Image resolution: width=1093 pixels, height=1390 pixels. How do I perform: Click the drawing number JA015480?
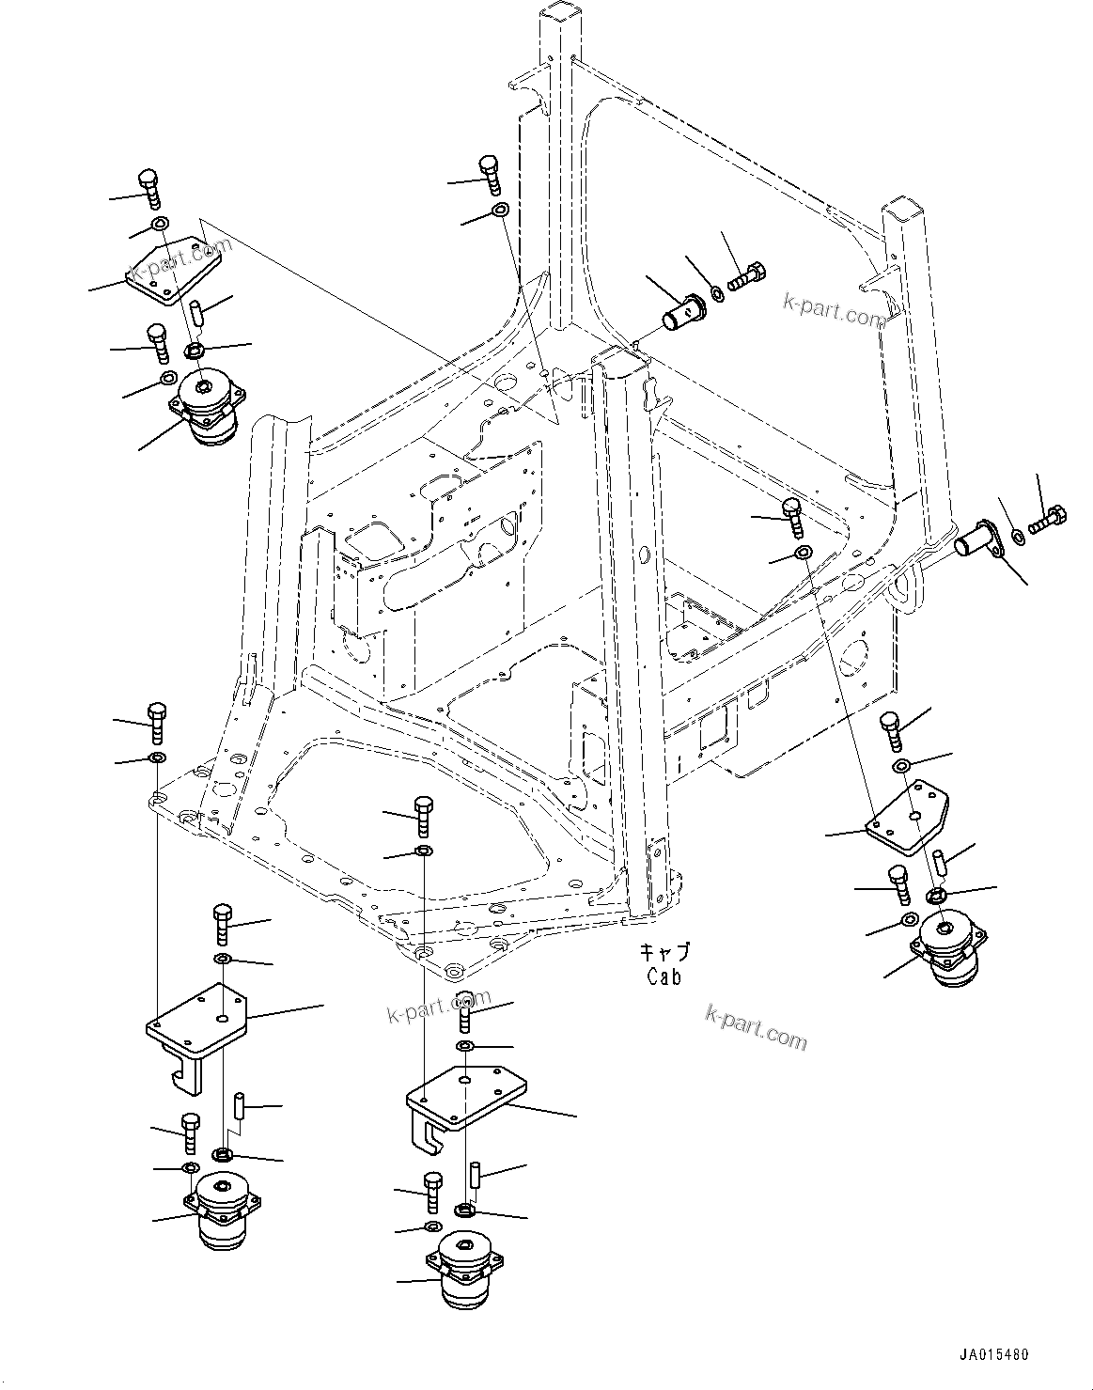coord(993,1355)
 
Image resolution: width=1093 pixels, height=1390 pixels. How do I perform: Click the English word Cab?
coord(664,976)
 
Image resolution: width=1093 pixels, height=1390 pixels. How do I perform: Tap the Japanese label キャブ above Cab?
coord(664,952)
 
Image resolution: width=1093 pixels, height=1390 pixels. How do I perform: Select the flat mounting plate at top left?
coord(176,271)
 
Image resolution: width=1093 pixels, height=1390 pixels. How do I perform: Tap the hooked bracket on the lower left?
coord(196,1034)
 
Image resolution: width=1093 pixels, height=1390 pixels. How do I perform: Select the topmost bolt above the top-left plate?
coord(149,187)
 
